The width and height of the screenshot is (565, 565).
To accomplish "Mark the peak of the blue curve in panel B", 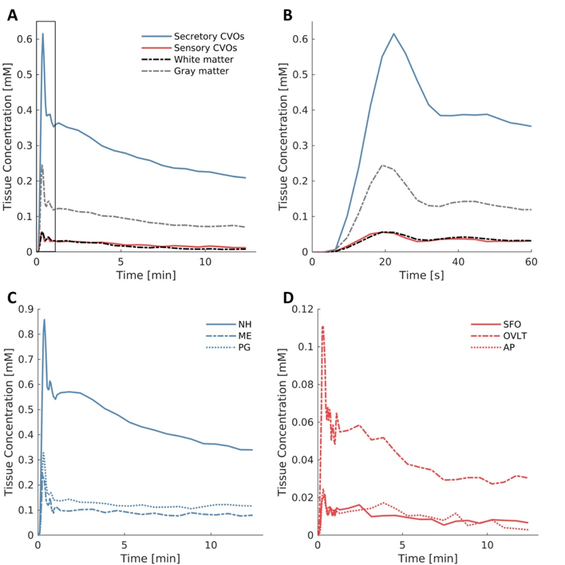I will coord(393,34).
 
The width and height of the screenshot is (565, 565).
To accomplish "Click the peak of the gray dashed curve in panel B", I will coord(383,165).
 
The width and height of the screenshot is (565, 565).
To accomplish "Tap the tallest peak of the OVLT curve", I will coord(322,326).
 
